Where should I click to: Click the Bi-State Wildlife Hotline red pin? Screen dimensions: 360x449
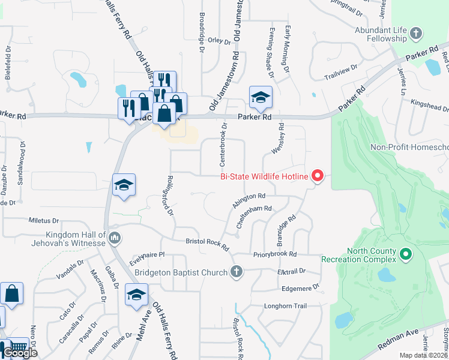coord(318,176)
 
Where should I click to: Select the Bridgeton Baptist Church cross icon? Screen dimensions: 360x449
coord(237,272)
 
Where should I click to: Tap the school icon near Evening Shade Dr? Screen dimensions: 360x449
coord(261,97)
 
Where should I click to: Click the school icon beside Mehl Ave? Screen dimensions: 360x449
coord(136,295)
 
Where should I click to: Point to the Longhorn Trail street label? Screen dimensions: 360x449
coord(286,306)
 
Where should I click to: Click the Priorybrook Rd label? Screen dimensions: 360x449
coord(275,254)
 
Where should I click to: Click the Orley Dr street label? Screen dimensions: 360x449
coord(219,43)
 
